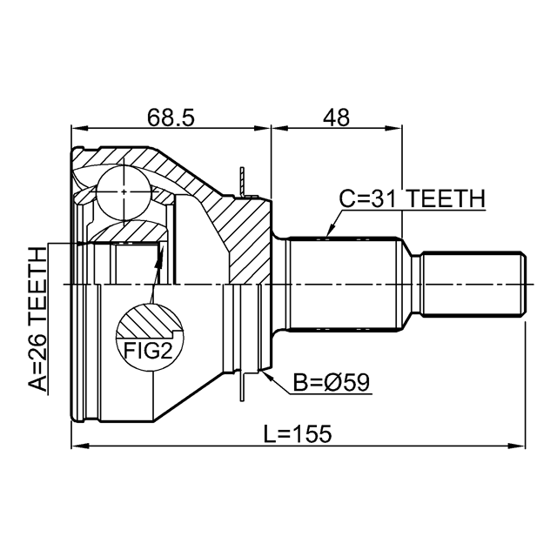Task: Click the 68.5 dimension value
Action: coord(170,117)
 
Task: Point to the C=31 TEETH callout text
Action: coord(412,199)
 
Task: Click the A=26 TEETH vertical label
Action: coord(37,319)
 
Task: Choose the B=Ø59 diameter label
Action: coord(332,382)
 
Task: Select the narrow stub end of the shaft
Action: coord(474,285)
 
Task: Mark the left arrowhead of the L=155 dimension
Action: coord(76,447)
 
